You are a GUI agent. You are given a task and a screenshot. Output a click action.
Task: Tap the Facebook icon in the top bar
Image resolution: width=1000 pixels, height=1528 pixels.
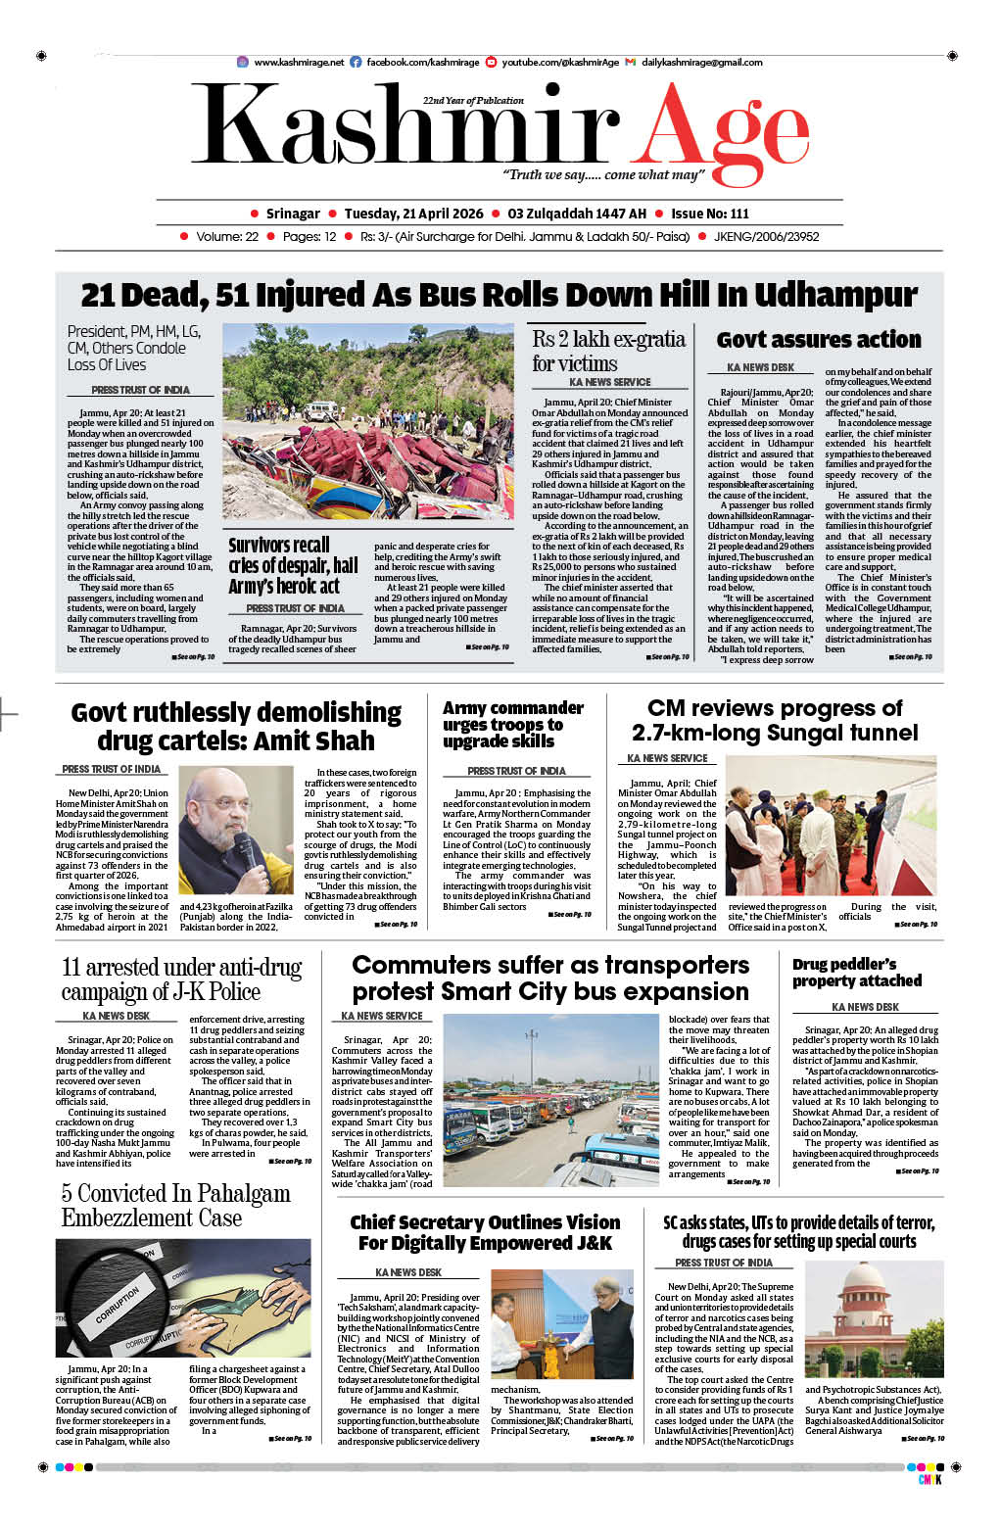pyautogui.click(x=357, y=62)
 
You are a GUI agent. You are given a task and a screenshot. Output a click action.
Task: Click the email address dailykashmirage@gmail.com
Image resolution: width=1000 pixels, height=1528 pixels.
pyautogui.click(x=701, y=62)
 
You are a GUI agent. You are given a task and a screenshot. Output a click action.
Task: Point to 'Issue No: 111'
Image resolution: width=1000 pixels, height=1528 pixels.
pyautogui.click(x=709, y=214)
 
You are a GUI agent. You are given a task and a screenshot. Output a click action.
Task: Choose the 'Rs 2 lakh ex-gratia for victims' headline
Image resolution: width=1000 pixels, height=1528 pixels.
pyautogui.click(x=608, y=351)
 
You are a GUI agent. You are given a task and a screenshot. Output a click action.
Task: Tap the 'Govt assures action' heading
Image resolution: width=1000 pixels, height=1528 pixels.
pyautogui.click(x=819, y=340)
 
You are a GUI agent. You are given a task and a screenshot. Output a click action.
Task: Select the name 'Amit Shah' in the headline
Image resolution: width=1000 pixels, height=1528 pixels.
pyautogui.click(x=305, y=740)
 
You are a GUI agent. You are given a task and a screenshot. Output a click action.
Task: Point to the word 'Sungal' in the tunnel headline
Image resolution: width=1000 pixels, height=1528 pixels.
pyautogui.click(x=769, y=733)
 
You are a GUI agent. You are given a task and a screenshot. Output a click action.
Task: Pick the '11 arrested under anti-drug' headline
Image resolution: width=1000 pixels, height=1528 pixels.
pyautogui.click(x=181, y=979)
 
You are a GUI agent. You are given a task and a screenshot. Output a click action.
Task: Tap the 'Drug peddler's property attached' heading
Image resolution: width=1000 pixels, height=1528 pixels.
pyautogui.click(x=857, y=973)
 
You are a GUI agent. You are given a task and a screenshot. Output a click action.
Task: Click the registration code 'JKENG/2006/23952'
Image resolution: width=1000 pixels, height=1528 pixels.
pyautogui.click(x=766, y=237)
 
